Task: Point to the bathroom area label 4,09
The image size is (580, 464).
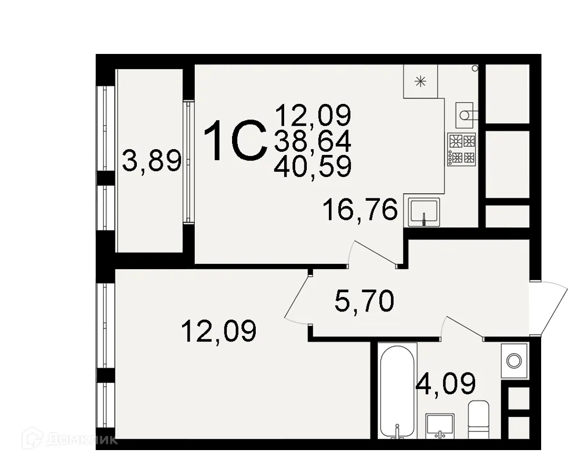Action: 447,383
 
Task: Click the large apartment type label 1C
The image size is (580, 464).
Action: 234,141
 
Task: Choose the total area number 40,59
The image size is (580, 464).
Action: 313,166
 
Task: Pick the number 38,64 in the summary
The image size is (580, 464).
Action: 313,141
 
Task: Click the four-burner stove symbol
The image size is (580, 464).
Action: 462,150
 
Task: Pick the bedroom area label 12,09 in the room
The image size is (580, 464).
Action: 219,332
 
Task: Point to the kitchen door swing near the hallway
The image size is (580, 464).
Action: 374,253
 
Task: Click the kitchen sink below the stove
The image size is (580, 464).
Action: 424,211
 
